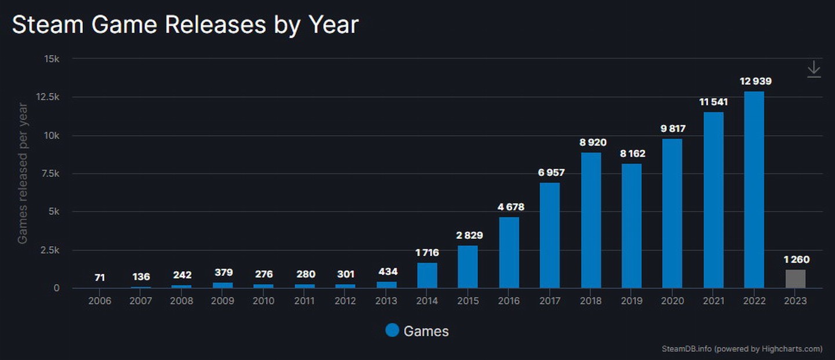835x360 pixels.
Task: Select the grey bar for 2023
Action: [x=795, y=279]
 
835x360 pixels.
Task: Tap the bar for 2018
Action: [x=591, y=220]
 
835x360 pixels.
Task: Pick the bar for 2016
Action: [x=509, y=253]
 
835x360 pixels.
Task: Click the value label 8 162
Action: [x=631, y=154]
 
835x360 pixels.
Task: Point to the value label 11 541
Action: [x=713, y=102]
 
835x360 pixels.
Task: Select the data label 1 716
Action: [x=427, y=252]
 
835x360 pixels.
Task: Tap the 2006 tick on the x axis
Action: [x=100, y=301]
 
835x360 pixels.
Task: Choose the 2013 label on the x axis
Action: [x=386, y=301]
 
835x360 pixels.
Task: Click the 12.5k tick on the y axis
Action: [x=48, y=97]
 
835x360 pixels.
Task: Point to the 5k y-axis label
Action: [x=53, y=212]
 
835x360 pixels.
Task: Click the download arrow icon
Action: [x=814, y=69]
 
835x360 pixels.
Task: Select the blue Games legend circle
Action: [x=392, y=330]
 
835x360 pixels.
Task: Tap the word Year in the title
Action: [x=333, y=25]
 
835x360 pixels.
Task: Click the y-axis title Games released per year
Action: [x=23, y=173]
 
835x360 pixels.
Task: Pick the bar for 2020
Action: [x=672, y=213]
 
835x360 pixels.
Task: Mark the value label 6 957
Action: [x=550, y=173]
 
